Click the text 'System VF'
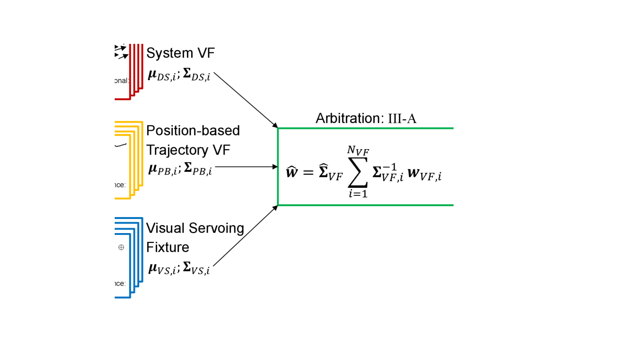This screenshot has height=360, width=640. [180, 53]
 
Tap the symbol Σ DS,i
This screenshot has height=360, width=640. [197, 75]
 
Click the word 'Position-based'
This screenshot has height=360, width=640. [193, 130]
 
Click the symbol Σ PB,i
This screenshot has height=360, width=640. [198, 169]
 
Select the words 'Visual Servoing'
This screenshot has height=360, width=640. [195, 228]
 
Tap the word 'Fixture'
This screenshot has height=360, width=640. [168, 247]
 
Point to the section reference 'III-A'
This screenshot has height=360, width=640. [402, 118]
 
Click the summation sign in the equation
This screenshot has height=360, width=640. [358, 173]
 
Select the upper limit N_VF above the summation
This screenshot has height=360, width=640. [358, 152]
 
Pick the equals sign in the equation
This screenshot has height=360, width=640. [308, 173]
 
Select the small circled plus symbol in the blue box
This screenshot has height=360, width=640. [121, 247]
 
